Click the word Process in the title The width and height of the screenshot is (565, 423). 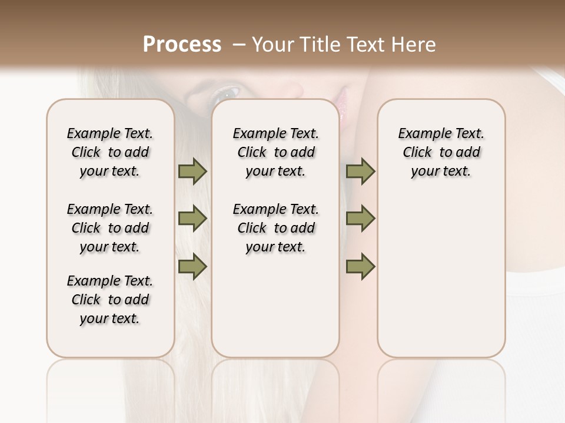point(182,45)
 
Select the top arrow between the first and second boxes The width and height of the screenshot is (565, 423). point(192,172)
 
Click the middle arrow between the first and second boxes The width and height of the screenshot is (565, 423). point(192,219)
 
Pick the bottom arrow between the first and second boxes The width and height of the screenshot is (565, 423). point(192,267)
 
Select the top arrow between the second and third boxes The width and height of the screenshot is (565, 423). point(360,172)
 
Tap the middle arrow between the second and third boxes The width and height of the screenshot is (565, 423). point(360,219)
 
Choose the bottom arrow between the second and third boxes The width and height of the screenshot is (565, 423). point(360,267)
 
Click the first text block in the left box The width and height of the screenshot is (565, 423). point(110,152)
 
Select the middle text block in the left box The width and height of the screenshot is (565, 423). point(110,228)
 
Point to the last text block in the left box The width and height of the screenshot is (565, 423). point(110,300)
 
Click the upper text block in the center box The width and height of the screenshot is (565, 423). point(275,152)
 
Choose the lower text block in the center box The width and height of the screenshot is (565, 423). point(275,228)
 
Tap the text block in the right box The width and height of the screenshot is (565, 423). point(441,152)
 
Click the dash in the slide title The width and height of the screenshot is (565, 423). point(239,45)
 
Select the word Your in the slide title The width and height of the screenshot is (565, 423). point(273,45)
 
